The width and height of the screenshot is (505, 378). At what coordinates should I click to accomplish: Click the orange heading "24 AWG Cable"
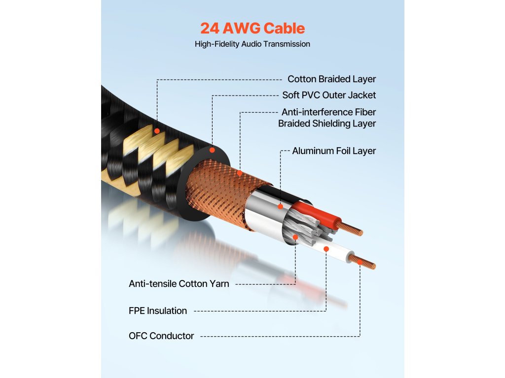click(252, 28)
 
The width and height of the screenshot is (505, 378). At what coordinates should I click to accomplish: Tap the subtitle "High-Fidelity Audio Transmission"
click(252, 44)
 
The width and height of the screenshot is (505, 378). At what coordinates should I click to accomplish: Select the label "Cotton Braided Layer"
click(331, 79)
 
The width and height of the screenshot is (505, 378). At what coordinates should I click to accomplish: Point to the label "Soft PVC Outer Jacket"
click(329, 95)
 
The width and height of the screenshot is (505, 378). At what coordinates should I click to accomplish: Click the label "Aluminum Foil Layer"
click(334, 151)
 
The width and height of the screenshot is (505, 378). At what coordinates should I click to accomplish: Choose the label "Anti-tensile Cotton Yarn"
click(179, 283)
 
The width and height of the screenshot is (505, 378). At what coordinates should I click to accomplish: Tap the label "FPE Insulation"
click(158, 311)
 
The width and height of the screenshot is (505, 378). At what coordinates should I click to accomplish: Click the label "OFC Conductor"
click(161, 336)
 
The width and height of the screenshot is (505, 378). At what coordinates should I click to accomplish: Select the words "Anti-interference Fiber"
click(329, 112)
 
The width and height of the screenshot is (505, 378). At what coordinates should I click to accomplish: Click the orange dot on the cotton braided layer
click(157, 131)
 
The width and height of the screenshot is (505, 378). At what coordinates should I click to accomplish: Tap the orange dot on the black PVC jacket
click(212, 149)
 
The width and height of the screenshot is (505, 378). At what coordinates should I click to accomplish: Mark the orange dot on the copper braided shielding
click(240, 173)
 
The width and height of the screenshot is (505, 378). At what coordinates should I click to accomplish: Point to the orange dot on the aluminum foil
click(280, 207)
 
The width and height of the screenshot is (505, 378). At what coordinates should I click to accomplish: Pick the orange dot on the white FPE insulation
click(326, 249)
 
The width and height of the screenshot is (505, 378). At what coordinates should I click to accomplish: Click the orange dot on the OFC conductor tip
click(360, 263)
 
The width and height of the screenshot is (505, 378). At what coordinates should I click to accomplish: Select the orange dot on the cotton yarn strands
click(295, 237)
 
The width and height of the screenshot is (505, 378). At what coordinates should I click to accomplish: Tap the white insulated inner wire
click(335, 251)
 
